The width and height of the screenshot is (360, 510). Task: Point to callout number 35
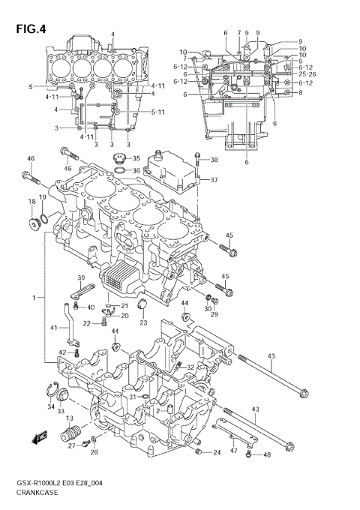click(136, 158)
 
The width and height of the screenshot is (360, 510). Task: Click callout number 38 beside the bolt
click(214, 160)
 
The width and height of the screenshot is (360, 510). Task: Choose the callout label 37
click(214, 180)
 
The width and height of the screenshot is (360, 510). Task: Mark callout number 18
click(31, 202)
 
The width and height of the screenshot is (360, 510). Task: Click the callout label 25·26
click(306, 74)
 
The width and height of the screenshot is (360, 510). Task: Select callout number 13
click(69, 418)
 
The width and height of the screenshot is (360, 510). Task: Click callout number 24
click(216, 452)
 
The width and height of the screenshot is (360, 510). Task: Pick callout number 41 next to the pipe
click(53, 328)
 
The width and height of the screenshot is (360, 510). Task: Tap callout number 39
click(80, 279)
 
